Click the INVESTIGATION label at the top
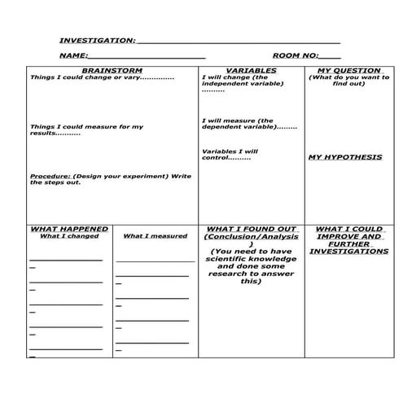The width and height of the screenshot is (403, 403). [96, 40]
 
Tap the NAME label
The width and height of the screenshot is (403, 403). [72, 55]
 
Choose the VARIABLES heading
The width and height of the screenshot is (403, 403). [251, 71]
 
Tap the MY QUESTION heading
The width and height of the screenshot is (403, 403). [344, 71]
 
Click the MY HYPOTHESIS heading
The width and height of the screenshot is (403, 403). [344, 157]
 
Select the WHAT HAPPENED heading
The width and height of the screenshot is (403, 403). [69, 229]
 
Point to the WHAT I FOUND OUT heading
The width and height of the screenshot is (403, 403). [251, 229]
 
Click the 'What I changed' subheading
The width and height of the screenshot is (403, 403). [69, 236]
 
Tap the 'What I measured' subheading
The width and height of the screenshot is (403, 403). [155, 236]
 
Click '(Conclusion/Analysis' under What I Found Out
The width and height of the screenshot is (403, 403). [251, 237]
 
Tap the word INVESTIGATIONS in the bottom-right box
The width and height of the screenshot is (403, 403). [348, 252]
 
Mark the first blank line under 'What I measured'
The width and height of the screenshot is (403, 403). [155, 261]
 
